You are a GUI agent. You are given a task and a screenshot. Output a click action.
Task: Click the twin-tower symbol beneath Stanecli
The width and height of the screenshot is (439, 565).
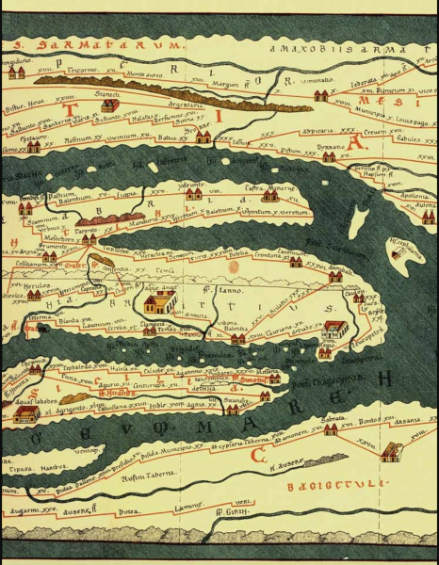(110, 105)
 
